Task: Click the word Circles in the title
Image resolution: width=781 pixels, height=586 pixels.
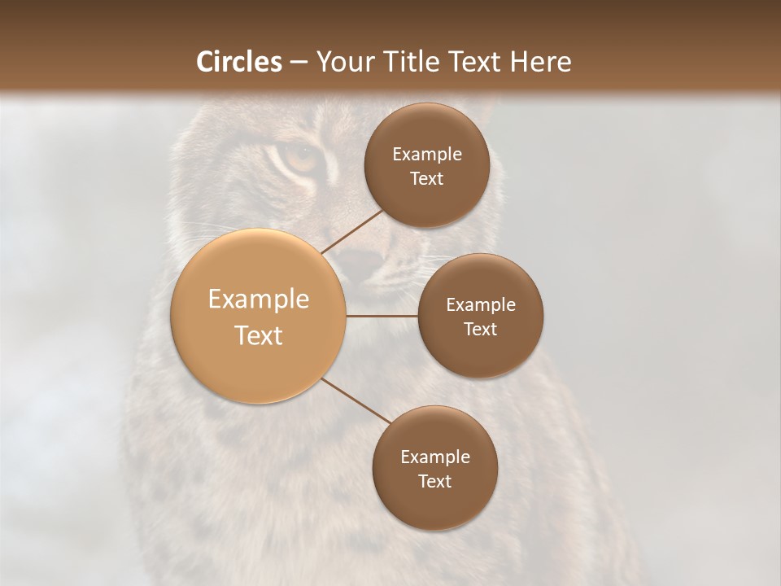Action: pos(239,62)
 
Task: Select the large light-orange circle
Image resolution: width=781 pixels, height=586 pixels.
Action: pos(259,317)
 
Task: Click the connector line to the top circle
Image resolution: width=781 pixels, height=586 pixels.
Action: pos(353,231)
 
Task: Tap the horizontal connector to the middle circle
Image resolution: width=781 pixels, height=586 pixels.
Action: pos(382,316)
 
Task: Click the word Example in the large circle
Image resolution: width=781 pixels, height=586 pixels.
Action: pos(259,300)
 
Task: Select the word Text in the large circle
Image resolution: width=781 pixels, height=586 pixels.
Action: pos(259,335)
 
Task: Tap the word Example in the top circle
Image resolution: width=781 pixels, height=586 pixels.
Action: pos(427,155)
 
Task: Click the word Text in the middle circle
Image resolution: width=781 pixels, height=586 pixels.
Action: pos(481,330)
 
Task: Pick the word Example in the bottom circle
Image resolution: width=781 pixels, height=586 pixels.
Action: pos(435,457)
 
